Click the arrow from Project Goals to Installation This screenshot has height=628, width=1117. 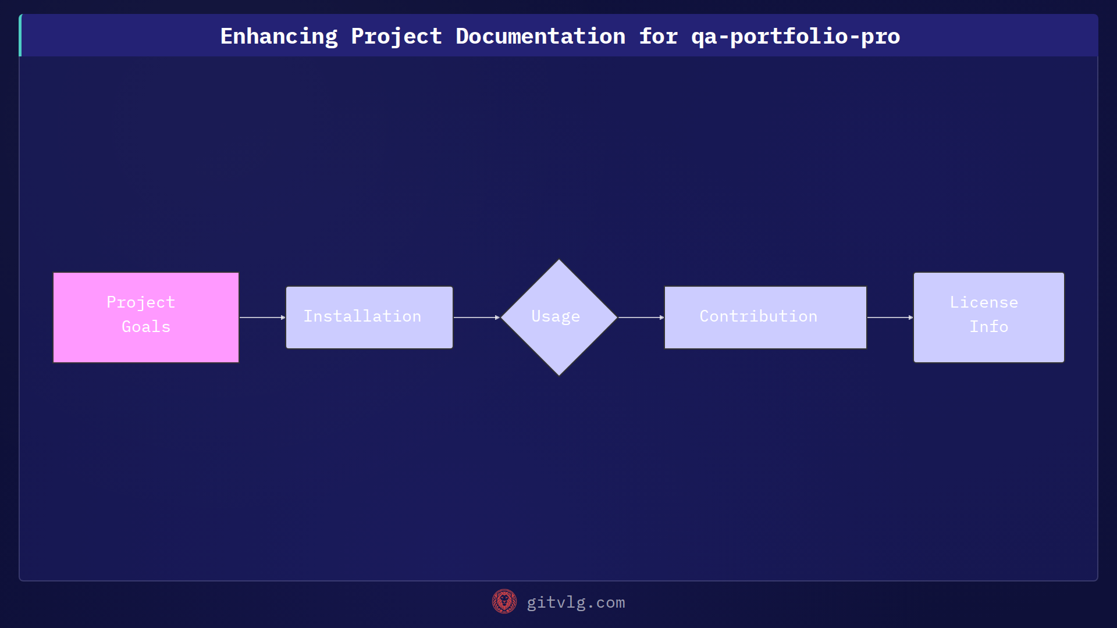(x=262, y=317)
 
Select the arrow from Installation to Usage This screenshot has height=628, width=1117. (x=476, y=317)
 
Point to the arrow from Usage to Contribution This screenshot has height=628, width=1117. (x=641, y=317)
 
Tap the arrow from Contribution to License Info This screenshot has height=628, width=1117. (x=890, y=317)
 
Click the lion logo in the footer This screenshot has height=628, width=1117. (x=504, y=601)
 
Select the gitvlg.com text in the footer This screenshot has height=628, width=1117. (x=575, y=602)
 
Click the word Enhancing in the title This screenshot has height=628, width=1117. (x=279, y=37)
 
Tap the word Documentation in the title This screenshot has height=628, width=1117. (x=540, y=37)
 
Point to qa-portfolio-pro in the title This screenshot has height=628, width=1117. (x=795, y=37)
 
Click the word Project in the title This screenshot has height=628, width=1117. (x=396, y=37)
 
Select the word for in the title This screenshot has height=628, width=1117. (x=658, y=37)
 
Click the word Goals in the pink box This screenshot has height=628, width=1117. (x=146, y=327)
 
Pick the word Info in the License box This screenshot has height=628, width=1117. (x=988, y=327)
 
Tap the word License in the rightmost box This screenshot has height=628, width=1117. (x=984, y=302)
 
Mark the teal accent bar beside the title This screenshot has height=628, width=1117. (x=20, y=35)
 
